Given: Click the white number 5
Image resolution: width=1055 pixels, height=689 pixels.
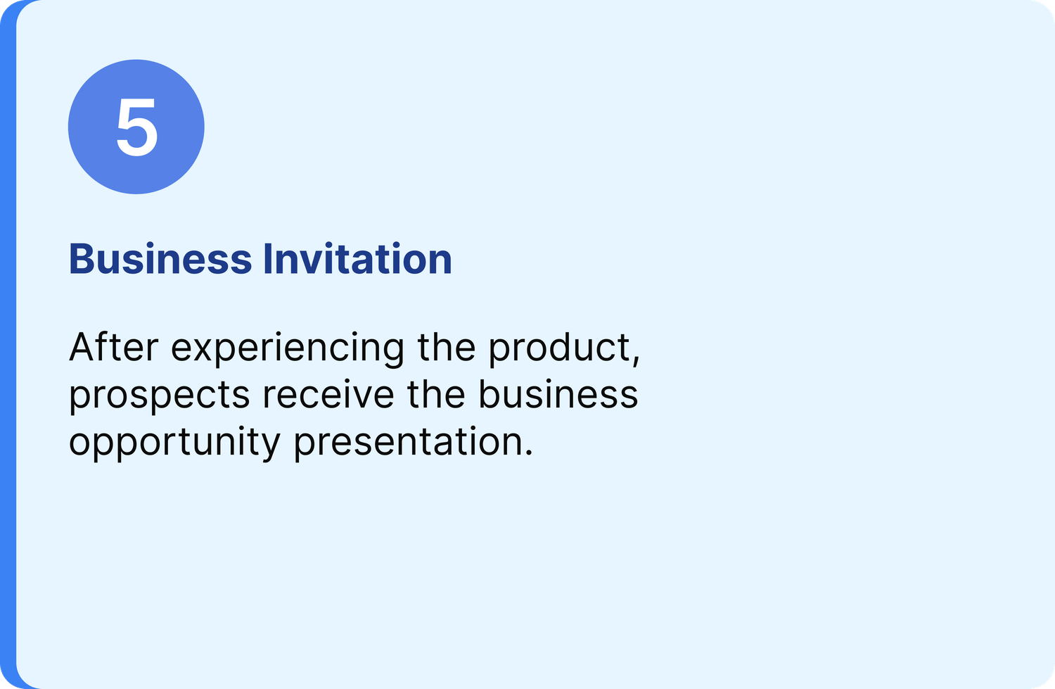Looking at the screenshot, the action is pos(136,127).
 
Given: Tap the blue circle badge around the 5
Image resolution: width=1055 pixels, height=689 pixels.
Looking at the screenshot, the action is pos(136,127).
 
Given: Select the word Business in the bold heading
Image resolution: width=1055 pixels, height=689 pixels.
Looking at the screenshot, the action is pos(160,258).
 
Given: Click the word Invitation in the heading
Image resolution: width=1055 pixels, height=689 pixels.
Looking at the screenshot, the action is pos(357,258).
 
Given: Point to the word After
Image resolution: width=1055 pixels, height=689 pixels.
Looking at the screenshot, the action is pos(113,347).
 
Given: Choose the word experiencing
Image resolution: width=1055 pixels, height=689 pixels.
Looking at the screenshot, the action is pos(287,349).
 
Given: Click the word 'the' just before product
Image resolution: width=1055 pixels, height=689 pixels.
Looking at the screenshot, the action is pos(446,347).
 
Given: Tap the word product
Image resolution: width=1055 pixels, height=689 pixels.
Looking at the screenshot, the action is pos(559,349).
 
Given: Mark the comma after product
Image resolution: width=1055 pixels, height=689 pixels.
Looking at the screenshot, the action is pos(636,359).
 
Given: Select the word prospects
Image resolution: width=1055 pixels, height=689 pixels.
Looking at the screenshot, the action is pos(159,396).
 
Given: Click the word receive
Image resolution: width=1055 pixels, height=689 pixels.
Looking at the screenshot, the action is pos(328,393).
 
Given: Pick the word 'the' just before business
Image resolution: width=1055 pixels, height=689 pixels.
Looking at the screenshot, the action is pos(435,393).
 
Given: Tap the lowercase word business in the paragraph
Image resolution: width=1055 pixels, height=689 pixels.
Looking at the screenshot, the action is pos(558,393).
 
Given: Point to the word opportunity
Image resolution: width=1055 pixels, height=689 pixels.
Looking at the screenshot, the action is pos(174,443).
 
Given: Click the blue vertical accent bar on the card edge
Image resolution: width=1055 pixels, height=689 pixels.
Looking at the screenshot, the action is pos(8,345).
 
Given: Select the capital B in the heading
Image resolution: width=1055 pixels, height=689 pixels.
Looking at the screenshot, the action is pos(81,259).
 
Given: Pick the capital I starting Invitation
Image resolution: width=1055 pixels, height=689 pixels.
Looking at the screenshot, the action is pos(267,259).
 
